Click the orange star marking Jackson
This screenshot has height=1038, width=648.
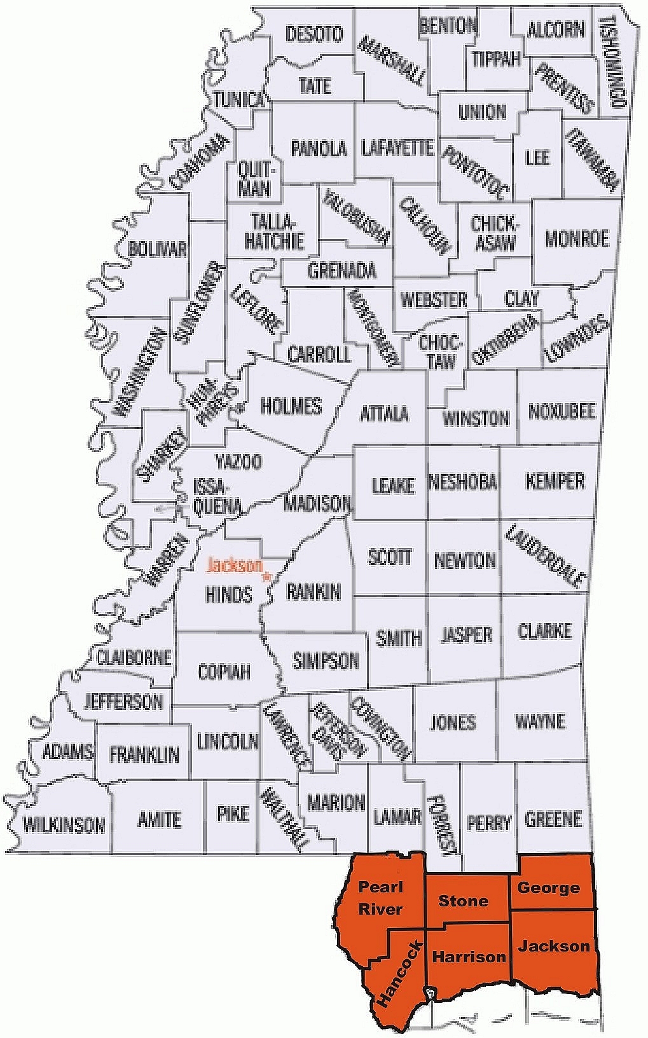pos(267,577)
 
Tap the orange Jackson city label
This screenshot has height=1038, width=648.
pos(234,565)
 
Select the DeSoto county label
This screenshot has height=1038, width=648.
pos(314,34)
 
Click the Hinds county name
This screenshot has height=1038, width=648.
pos(229,594)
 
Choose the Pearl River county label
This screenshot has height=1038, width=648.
pos(380,898)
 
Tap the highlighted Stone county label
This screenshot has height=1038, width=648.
pos(463,901)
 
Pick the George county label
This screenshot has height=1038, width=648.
pos(548,888)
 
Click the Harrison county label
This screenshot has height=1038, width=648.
pos(469,957)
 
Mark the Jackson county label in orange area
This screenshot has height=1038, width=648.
pos(554,946)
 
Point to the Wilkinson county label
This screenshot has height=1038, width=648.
pos(64,825)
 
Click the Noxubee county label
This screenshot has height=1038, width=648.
pos(562,411)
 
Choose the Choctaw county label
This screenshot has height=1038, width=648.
pos(440,352)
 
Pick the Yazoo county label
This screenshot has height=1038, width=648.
pos(238,461)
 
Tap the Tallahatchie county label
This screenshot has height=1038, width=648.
pos(274,231)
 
